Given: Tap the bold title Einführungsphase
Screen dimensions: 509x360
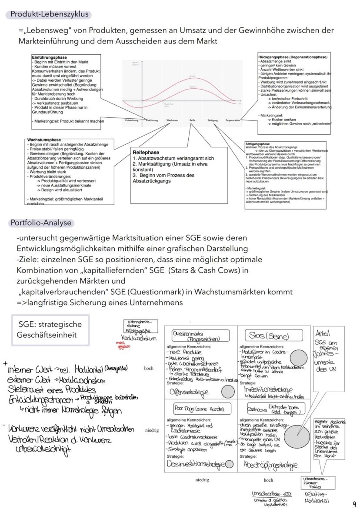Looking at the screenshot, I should [47, 57].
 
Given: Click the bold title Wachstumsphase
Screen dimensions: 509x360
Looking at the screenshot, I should [44, 140].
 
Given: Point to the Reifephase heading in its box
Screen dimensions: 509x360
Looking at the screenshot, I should [148, 153].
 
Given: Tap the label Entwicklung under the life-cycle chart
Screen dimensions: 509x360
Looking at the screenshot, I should [132, 120].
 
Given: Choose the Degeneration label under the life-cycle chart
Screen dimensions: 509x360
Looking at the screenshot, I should [233, 120].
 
